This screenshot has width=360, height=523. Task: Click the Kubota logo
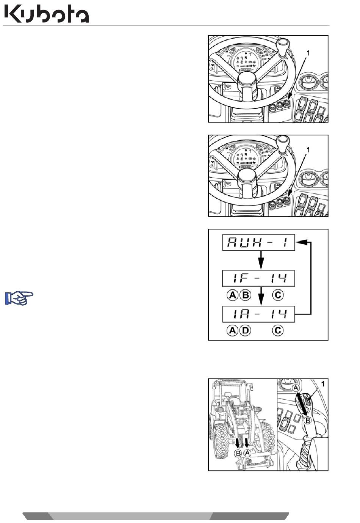click(x=47, y=14)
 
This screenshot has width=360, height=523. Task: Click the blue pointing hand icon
click(x=19, y=298)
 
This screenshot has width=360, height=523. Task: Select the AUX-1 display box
click(x=258, y=243)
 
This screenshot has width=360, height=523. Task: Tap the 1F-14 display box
click(x=258, y=278)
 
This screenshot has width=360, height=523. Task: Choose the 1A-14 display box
click(x=258, y=314)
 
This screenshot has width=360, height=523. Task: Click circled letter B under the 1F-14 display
click(x=245, y=295)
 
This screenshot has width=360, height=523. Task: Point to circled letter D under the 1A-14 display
click(x=245, y=331)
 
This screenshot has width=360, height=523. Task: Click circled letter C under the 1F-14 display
click(x=278, y=295)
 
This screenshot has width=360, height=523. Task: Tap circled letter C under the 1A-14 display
click(x=278, y=331)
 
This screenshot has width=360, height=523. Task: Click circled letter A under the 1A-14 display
click(x=232, y=331)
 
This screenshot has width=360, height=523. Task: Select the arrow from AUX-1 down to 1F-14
click(x=261, y=260)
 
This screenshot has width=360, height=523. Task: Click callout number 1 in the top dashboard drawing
click(x=308, y=53)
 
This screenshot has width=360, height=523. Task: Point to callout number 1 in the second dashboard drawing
click(x=308, y=149)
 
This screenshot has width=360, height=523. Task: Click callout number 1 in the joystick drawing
click(x=323, y=384)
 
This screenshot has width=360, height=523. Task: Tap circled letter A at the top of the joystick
click(x=296, y=388)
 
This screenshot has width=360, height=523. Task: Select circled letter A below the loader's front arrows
click(x=247, y=453)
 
